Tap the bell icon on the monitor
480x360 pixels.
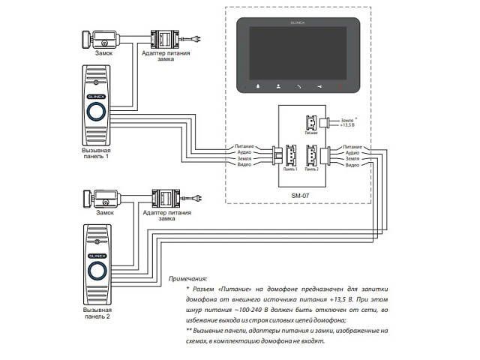(x=257, y=85)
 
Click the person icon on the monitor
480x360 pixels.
(x=277, y=85)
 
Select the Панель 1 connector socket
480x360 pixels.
(x=290, y=155)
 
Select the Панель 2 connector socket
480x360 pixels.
(x=311, y=155)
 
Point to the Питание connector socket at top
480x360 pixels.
(x=310, y=123)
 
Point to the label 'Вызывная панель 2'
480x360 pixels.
(x=96, y=313)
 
